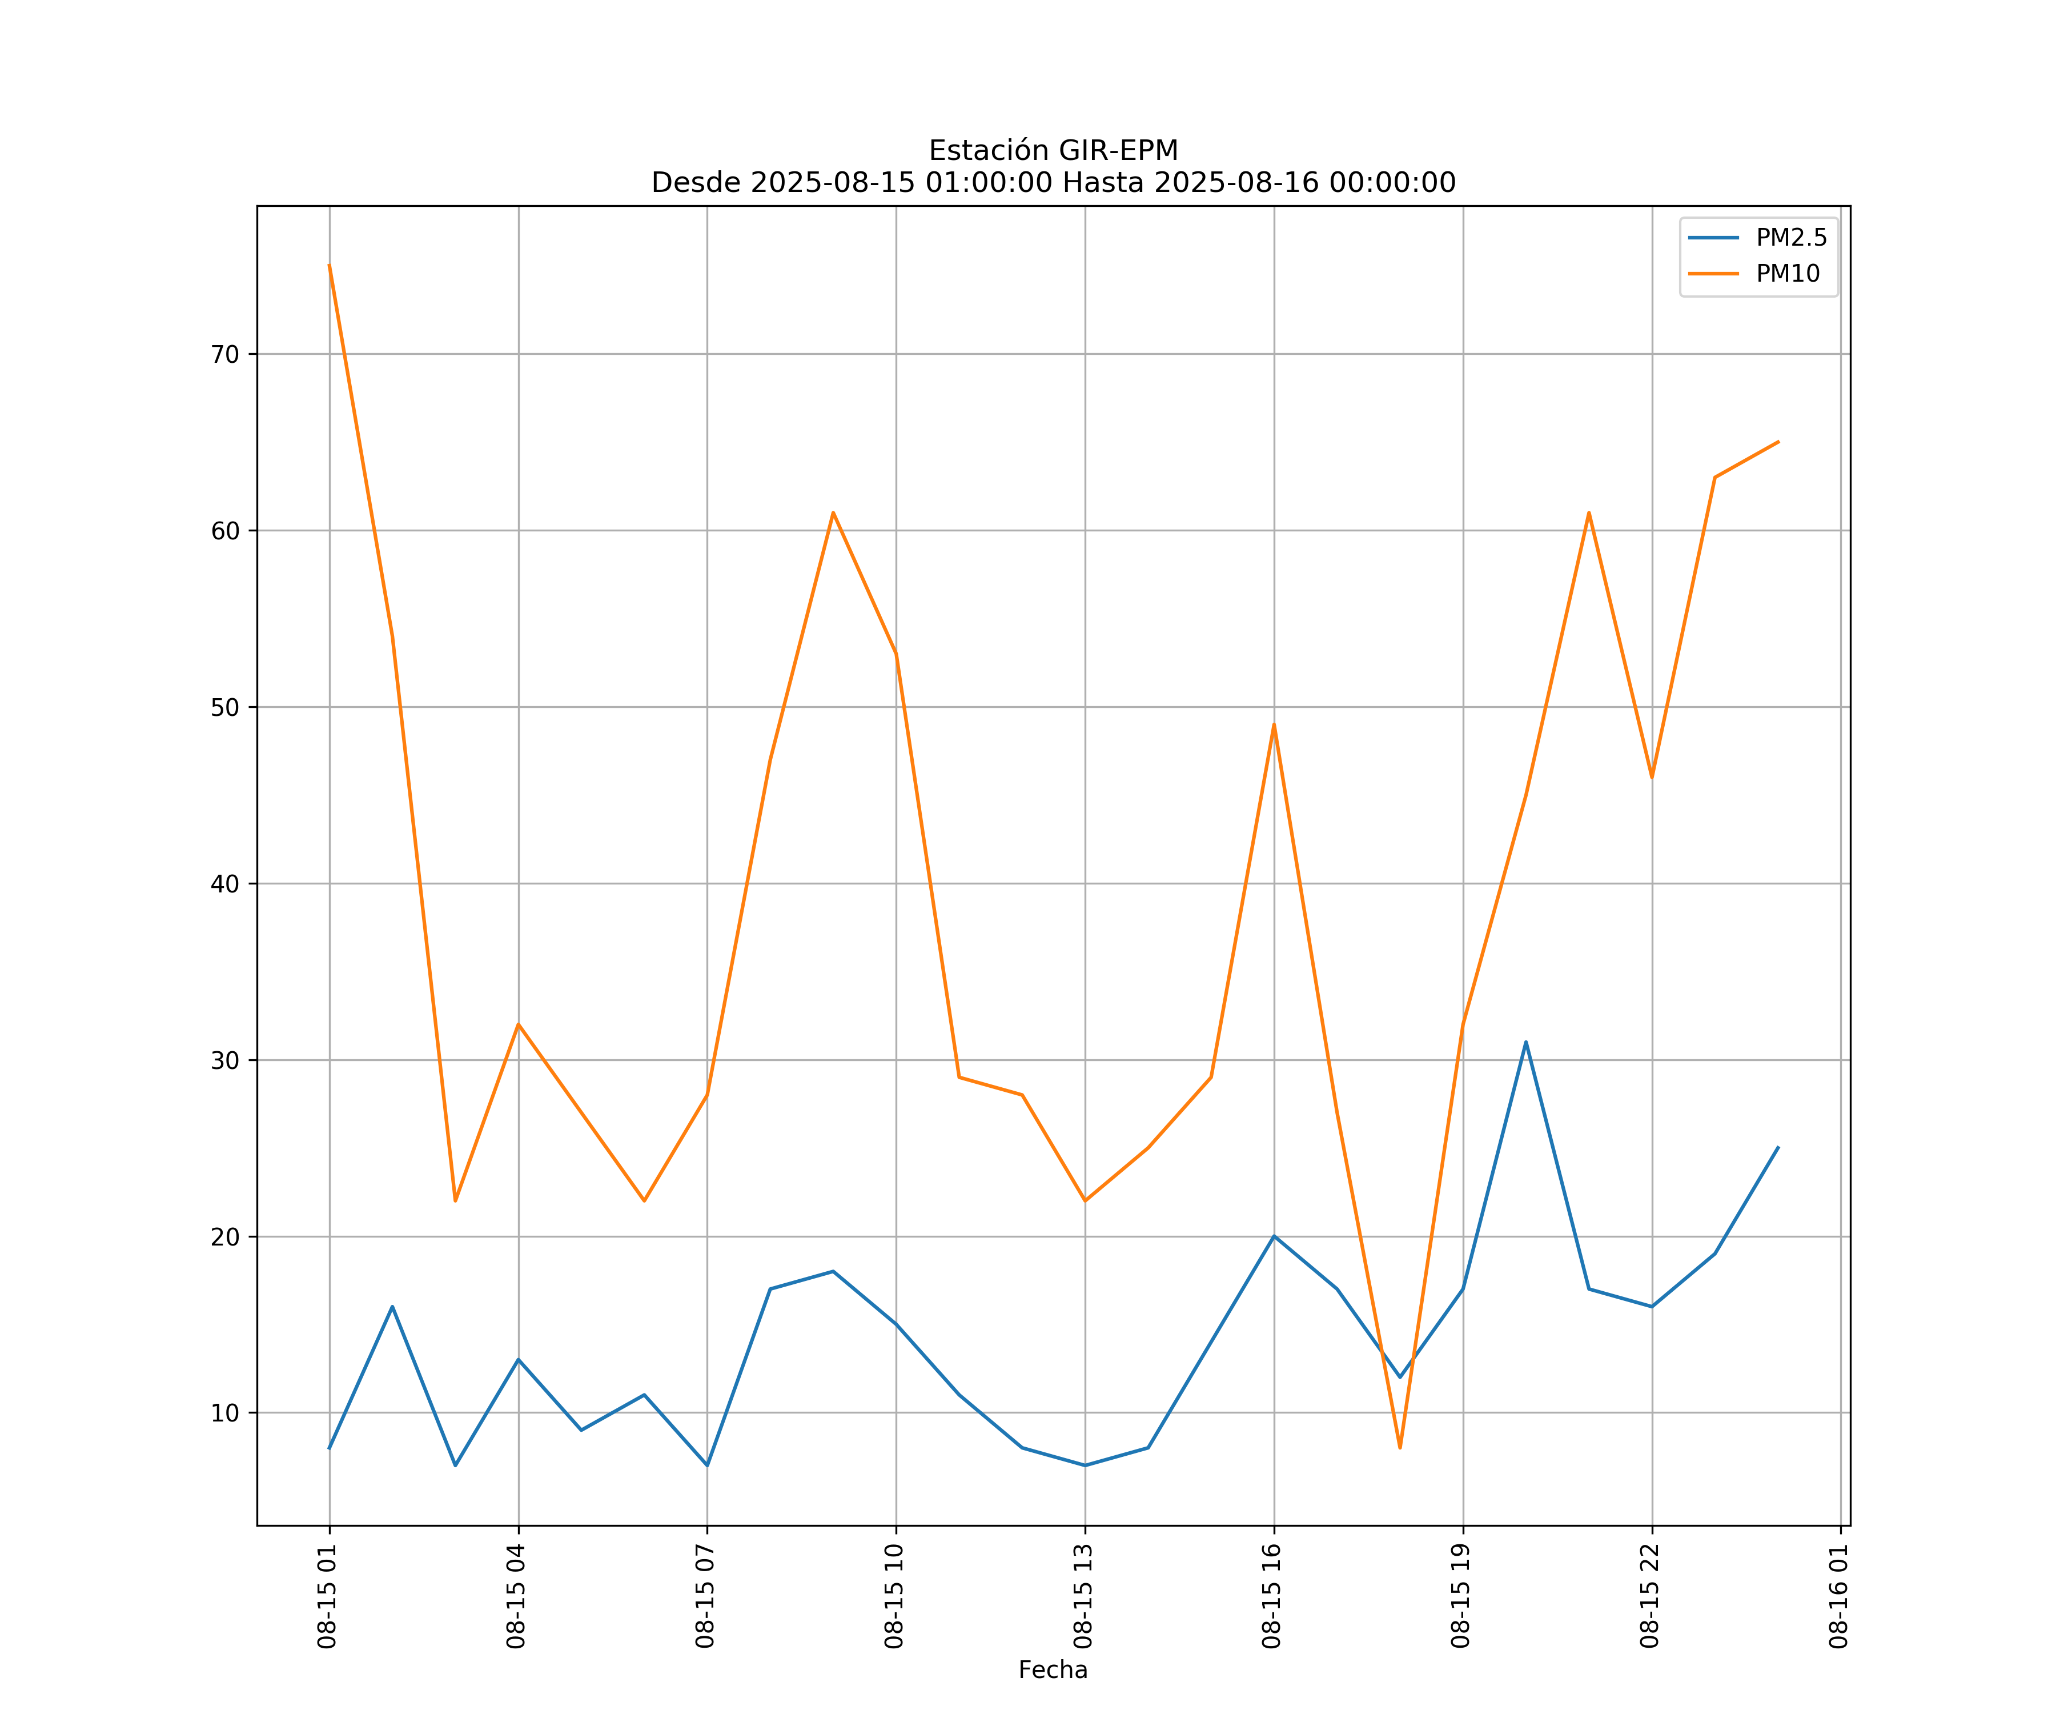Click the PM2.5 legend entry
[1790, 238]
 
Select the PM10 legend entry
[1788, 274]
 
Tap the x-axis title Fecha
[1053, 1670]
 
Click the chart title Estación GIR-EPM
[1053, 151]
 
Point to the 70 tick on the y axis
[225, 355]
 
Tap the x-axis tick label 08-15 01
[327, 1596]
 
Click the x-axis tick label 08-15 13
[1083, 1596]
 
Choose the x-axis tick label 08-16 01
[1838, 1596]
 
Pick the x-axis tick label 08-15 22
[1650, 1596]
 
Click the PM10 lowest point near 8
[1400, 1448]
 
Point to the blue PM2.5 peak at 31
[1525, 1042]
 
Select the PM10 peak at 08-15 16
[1274, 725]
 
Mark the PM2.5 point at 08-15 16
[1274, 1236]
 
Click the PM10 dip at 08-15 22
[1652, 778]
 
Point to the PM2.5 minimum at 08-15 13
[1085, 1465]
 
